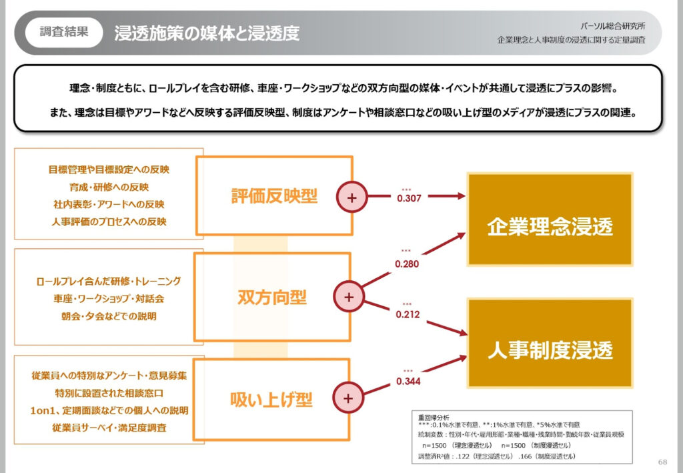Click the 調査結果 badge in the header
coord(64,32)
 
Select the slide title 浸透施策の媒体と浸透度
coord(207,33)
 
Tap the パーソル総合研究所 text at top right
coord(615,25)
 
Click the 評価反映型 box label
coord(274,196)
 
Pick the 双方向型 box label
coord(272,298)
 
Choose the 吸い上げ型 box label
coord(271,399)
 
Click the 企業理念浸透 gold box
coord(550,227)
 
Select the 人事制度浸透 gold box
coord(550,350)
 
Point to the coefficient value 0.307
coord(409,198)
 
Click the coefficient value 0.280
coord(407,264)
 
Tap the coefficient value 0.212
coord(408,314)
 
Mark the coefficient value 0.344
coord(408,381)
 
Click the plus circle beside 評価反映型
coord(353,197)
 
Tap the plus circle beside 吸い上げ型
coord(348,398)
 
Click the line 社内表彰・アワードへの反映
coord(107,204)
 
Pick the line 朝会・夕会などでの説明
coord(107,316)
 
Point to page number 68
coord(662,462)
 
